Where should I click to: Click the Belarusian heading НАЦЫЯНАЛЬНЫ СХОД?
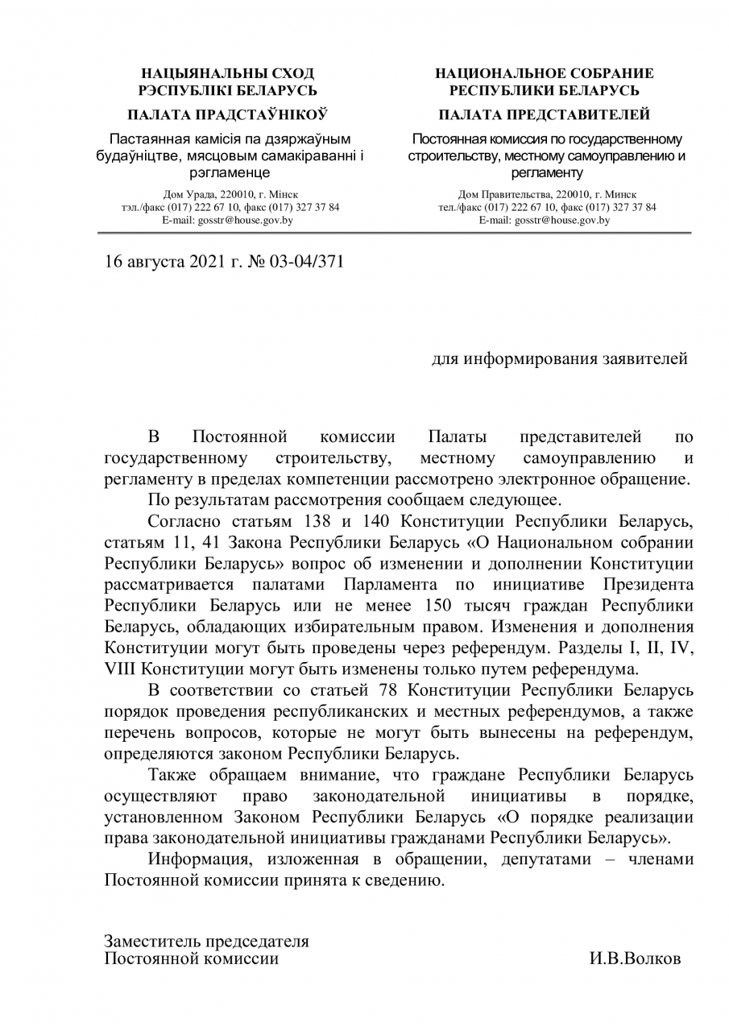tap(228, 73)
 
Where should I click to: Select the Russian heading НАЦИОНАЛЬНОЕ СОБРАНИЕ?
tap(544, 73)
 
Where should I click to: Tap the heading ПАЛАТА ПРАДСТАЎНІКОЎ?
tap(228, 114)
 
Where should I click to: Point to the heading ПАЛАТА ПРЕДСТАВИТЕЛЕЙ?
tap(545, 114)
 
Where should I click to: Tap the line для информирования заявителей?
tap(560, 358)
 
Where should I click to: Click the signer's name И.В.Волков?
tap(636, 959)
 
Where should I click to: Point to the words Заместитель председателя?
tap(207, 941)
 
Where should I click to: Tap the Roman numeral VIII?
tap(121, 669)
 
